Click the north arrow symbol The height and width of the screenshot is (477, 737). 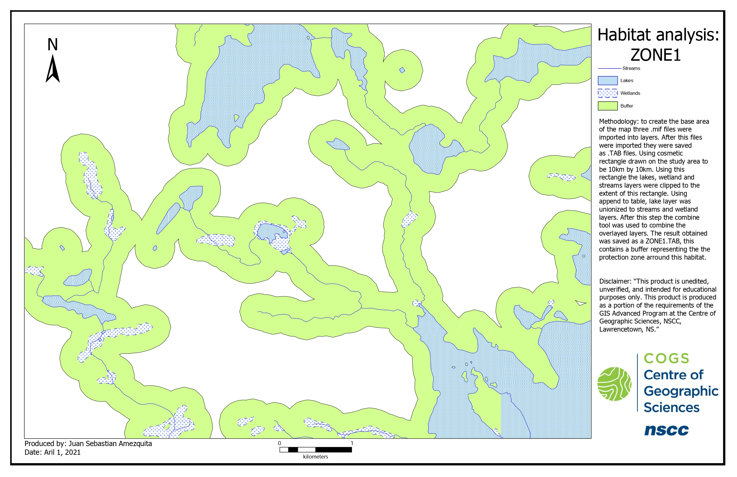[x=53, y=69]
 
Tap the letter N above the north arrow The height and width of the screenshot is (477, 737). [x=53, y=44]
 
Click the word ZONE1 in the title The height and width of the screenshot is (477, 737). [x=655, y=55]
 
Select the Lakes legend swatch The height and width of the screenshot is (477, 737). [x=608, y=81]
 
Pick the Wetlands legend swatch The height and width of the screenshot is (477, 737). [x=608, y=93]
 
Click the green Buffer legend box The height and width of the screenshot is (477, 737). [x=608, y=106]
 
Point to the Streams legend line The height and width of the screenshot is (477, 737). [x=610, y=68]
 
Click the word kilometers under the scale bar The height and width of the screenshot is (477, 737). [x=315, y=456]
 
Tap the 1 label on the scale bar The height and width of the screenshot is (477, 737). [x=352, y=443]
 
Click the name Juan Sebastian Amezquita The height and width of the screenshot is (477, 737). [x=110, y=443]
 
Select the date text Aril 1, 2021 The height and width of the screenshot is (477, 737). [x=62, y=452]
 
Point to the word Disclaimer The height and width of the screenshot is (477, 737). [x=615, y=281]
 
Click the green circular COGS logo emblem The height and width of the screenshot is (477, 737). [x=614, y=384]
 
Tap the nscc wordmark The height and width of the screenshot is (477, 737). [x=666, y=430]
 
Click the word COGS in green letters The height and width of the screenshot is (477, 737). [x=666, y=359]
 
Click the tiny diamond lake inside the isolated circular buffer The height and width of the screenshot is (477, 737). [x=402, y=70]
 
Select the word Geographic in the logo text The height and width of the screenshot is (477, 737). [x=681, y=391]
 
